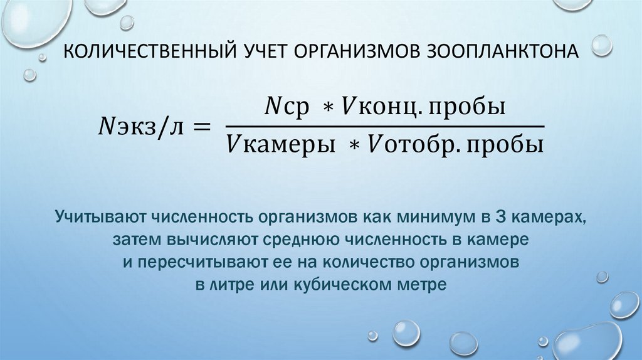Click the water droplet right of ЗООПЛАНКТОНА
coord(602,45)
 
